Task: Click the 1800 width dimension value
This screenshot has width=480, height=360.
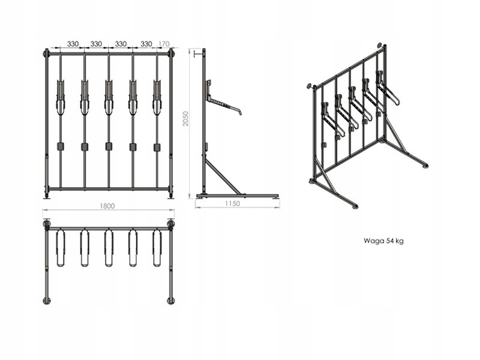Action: pyautogui.click(x=108, y=205)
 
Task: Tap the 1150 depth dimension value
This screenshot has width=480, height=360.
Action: pyautogui.click(x=232, y=204)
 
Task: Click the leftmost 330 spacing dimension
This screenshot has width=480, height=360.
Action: pyautogui.click(x=73, y=44)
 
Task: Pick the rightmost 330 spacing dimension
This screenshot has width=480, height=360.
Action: pyautogui.click(x=146, y=44)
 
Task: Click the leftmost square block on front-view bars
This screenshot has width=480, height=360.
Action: pyautogui.click(x=60, y=146)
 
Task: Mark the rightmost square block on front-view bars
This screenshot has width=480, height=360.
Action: pyautogui.click(x=157, y=146)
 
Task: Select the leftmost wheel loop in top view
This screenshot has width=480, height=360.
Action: pyautogui.click(x=60, y=247)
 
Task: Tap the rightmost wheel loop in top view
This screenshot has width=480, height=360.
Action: pyautogui.click(x=157, y=247)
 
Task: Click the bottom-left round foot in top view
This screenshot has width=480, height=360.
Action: pyautogui.click(x=47, y=300)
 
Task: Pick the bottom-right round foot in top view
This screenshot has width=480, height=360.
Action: pyautogui.click(x=171, y=300)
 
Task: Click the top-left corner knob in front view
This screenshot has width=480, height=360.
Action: pyautogui.click(x=46, y=53)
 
